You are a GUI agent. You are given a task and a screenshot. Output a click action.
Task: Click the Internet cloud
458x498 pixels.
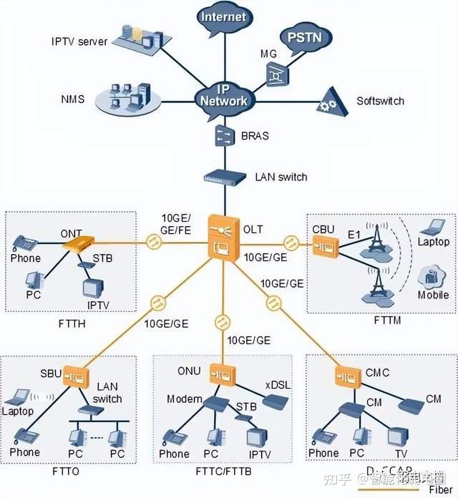pos(224,19)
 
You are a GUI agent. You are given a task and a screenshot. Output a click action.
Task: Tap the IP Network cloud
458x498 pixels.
pos(223,96)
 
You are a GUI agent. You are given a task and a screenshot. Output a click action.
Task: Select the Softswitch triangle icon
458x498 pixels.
pos(330,102)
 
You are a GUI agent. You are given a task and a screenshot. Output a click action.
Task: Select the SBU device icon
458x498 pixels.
pos(75,374)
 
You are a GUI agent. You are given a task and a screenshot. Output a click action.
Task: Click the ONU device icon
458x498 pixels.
pos(219,373)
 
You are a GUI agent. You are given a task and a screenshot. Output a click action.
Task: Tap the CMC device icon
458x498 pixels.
pos(347,376)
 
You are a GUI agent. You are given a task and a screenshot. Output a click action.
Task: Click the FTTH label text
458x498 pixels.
pos(72,324)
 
